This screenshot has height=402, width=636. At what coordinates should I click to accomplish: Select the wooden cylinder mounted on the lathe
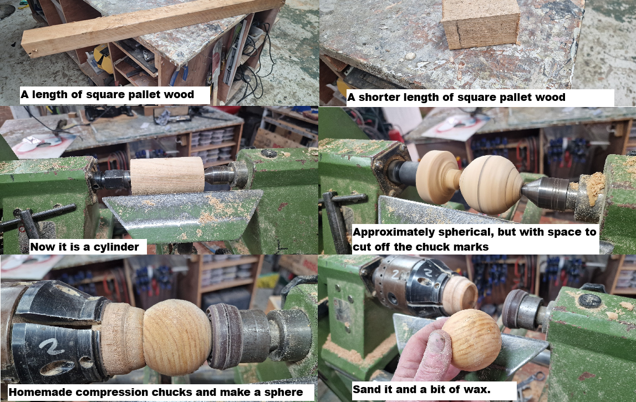coord(167,175)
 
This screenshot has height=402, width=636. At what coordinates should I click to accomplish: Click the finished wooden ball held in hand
coord(472,339)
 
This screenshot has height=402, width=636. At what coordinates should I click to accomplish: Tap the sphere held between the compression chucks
coord(177,337)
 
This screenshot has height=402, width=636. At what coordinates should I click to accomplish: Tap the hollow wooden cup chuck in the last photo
coord(460,295)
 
